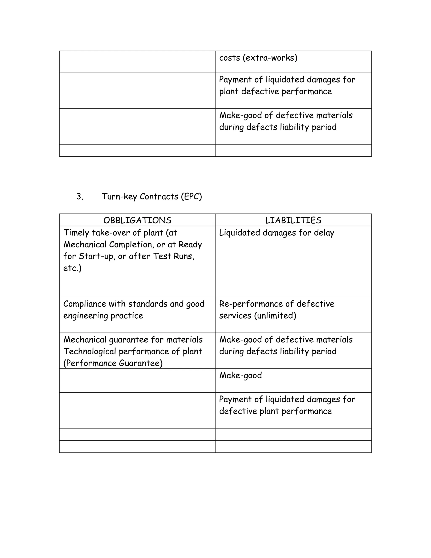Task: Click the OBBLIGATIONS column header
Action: (137, 220)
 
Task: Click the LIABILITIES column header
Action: (293, 220)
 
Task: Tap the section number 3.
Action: (80, 196)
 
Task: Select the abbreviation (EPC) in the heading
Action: (191, 196)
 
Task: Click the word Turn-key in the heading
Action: (119, 196)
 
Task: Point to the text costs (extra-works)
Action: (258, 58)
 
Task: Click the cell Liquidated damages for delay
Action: (277, 233)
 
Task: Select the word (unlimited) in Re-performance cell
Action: (275, 316)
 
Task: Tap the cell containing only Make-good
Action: (241, 375)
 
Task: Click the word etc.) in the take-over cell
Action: (73, 268)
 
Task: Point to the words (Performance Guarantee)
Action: (113, 363)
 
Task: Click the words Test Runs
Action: (173, 256)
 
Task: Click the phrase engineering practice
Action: (103, 316)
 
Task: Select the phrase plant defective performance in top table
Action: (275, 91)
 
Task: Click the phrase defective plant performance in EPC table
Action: (275, 411)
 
